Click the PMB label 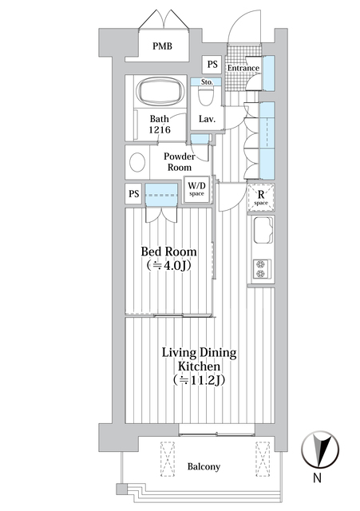coord(162,46)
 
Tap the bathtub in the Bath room coord(160,90)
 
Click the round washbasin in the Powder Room coord(137,162)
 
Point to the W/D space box coord(197,189)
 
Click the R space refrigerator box coord(261,197)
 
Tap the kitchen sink coord(263,231)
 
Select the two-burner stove coord(262,269)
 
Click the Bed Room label coord(168,252)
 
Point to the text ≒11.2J coord(200,380)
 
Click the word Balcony coord(204,466)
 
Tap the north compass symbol coord(320,449)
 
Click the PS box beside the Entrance coord(212,64)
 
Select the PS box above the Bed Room coord(133,194)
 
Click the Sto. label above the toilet coord(207,81)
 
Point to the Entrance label coord(243,68)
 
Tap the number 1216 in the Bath coord(160,129)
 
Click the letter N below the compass coord(317,477)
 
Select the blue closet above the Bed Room coord(161,195)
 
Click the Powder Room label coord(179,161)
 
